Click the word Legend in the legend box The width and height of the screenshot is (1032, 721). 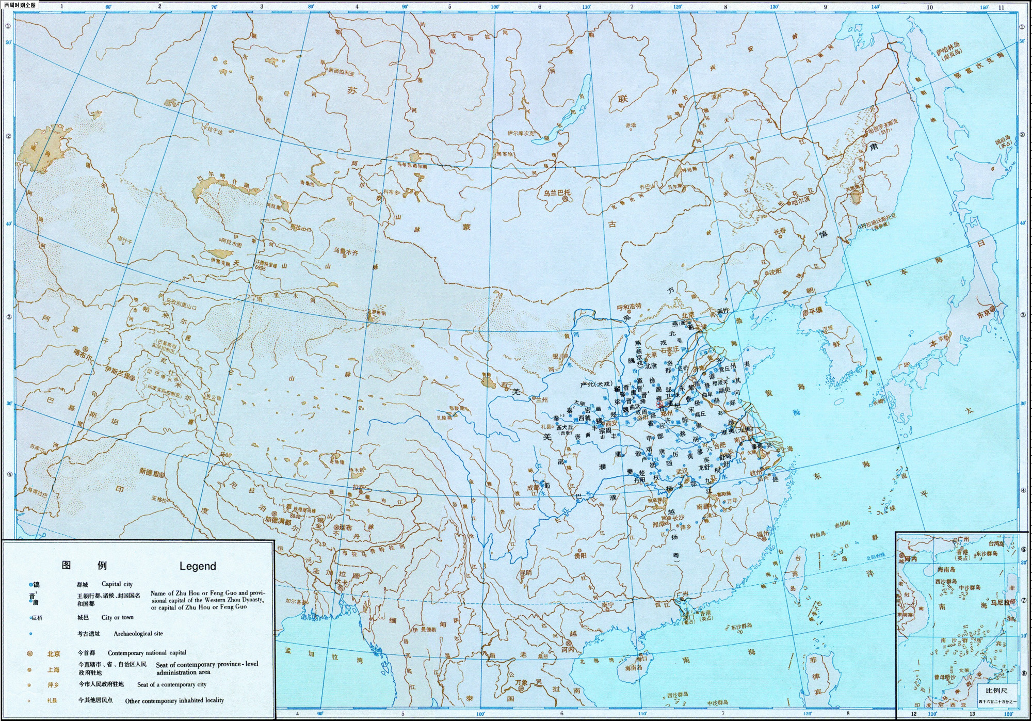(x=198, y=566)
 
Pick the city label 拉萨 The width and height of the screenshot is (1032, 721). (x=358, y=487)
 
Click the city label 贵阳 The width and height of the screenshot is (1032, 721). (x=580, y=556)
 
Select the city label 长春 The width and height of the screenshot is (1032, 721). (x=779, y=231)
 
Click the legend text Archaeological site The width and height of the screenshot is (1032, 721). (x=138, y=633)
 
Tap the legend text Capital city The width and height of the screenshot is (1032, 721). (x=117, y=584)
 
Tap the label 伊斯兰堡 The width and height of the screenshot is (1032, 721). (x=119, y=370)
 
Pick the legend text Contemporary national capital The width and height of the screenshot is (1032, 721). (x=147, y=653)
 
